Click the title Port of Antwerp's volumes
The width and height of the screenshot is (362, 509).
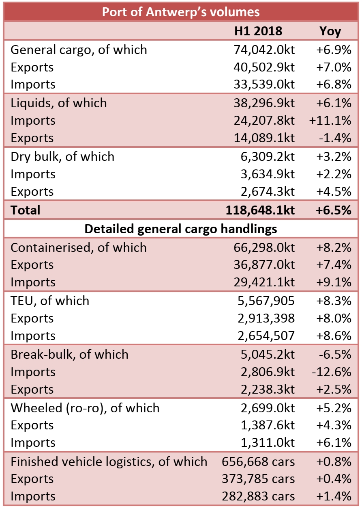[181, 12]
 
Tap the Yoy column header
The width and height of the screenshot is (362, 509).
[330, 31]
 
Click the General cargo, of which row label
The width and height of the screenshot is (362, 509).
[79, 50]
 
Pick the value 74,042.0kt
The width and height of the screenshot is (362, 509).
[264, 50]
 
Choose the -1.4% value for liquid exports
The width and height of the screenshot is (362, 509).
[334, 138]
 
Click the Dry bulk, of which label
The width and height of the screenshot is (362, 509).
[62, 156]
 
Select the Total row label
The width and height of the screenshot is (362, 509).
[26, 210]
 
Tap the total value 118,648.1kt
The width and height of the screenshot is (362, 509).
[260, 210]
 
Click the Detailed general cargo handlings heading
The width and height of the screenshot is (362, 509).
[181, 229]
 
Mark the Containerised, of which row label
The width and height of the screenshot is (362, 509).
[79, 247]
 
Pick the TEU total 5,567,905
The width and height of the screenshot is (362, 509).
[266, 301]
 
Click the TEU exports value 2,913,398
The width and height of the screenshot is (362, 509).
[266, 318]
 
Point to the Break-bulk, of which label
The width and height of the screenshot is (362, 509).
[69, 354]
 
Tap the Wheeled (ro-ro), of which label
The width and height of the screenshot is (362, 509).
[85, 408]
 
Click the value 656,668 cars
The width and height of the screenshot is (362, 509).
[258, 461]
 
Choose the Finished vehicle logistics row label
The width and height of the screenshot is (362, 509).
[109, 461]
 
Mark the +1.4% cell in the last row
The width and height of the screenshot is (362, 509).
[334, 496]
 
